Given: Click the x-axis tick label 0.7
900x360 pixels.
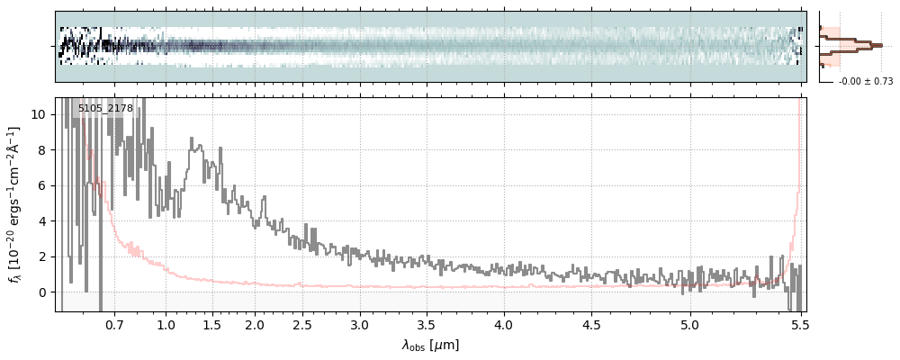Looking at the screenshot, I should point(114,323).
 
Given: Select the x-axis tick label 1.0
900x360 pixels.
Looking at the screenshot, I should point(166,323).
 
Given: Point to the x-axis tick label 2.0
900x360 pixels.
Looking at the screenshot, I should point(255,323).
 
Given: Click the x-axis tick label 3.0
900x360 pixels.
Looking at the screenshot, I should point(360,323).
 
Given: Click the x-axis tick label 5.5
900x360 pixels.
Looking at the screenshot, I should point(797,323).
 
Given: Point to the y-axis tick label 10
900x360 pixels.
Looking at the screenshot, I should point(39,114).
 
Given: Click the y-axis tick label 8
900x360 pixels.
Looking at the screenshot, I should point(42,150).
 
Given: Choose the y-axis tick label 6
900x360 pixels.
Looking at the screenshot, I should point(42,185).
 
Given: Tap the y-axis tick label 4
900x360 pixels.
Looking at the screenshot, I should point(42,221).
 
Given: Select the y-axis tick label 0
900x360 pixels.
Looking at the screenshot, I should point(42,292).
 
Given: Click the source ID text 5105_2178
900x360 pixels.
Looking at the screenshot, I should point(105,109).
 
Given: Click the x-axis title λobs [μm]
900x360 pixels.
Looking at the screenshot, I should point(430,345).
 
